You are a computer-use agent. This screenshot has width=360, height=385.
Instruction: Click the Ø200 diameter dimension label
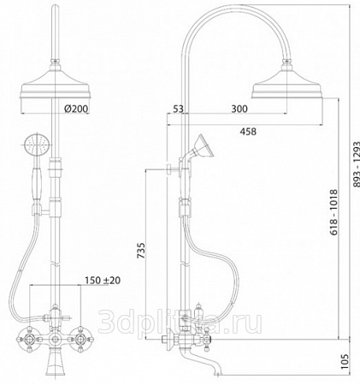(76, 109)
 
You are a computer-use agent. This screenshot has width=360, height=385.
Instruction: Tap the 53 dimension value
(178, 109)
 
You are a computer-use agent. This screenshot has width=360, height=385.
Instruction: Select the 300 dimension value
(239, 109)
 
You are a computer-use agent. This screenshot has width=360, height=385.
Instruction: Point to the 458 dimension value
(248, 132)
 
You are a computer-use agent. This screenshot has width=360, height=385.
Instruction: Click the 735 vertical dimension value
(141, 251)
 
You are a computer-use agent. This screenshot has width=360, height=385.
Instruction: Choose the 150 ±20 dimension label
(103, 281)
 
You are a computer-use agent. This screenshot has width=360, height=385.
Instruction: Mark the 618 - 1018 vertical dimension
(333, 212)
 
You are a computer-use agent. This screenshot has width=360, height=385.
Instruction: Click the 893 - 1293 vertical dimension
(357, 164)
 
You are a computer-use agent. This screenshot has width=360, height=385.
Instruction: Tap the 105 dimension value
(345, 362)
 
